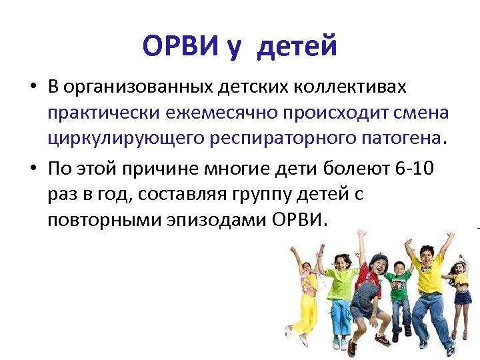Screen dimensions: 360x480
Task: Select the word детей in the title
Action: tap(297, 46)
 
